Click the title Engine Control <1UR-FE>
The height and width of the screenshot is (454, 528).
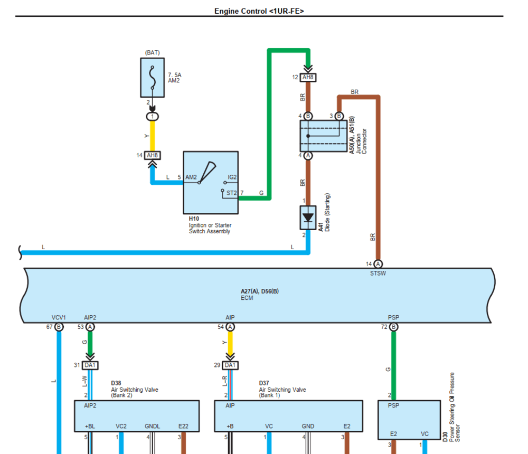[259, 11]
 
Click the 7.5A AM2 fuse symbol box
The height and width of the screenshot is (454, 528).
[152, 77]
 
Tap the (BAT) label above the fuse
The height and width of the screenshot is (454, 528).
[152, 53]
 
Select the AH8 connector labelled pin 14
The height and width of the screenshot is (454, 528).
[153, 155]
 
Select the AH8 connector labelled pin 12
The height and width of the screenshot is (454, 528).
[308, 78]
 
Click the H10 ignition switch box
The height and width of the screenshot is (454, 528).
[211, 182]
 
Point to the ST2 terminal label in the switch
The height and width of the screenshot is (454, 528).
[232, 193]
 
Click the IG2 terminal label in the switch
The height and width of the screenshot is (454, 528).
[232, 178]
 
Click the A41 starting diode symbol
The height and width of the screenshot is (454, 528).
[308, 217]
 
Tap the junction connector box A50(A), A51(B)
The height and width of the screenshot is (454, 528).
[323, 136]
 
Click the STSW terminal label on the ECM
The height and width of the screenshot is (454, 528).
[378, 273]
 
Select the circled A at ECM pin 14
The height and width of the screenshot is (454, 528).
[378, 264]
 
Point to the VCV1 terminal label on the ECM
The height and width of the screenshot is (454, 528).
[59, 317]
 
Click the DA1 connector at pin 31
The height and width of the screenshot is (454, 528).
[90, 365]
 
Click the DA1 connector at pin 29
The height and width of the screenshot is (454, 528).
[230, 365]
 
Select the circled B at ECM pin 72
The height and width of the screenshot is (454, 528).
[393, 327]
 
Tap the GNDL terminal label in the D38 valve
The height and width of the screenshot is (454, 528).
[152, 426]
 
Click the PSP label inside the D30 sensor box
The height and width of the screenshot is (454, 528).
[393, 406]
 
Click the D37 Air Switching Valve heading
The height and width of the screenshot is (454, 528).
[282, 390]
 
